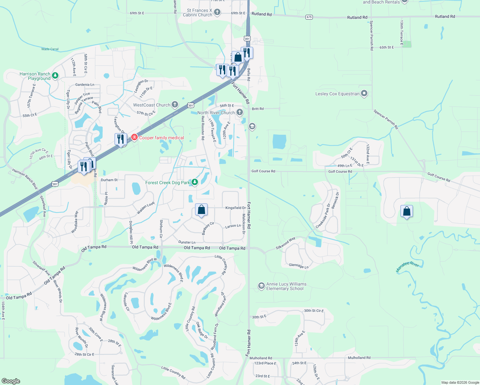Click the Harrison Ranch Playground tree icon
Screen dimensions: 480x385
[55, 76]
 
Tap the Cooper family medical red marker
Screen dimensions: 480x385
[134, 138]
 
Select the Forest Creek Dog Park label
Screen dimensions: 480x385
[167, 183]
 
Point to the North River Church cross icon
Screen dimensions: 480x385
[239, 112]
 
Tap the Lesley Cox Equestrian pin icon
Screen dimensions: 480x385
[364, 93]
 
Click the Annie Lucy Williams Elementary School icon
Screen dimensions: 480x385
[261, 286]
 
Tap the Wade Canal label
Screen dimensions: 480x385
[50, 49]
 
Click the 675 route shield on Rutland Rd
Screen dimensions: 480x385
[309, 17]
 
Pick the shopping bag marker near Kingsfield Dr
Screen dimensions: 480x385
[201, 210]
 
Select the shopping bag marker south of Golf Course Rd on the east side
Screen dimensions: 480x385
[407, 211]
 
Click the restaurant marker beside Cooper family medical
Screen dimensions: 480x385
[121, 139]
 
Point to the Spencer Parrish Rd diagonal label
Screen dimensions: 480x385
[386, 119]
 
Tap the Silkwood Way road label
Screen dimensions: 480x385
[286, 244]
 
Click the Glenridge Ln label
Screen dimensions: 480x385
[299, 266]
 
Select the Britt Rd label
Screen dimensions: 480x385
[258, 109]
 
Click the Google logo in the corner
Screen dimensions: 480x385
[11, 381]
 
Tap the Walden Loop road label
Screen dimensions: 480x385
[146, 208]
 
